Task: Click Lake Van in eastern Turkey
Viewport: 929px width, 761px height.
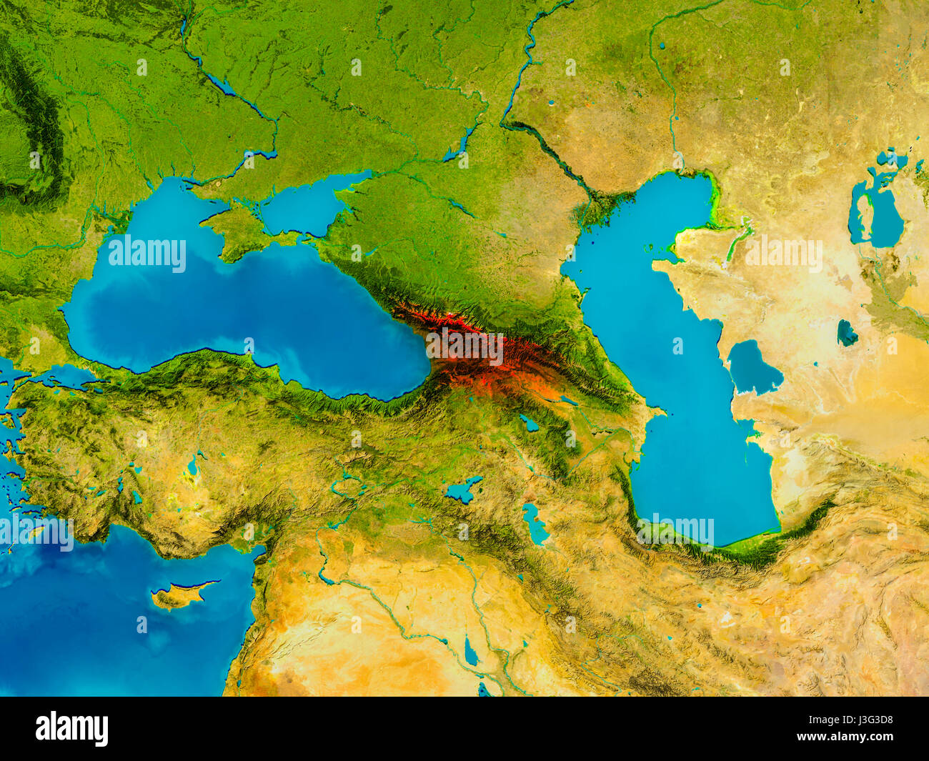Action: point(463,490)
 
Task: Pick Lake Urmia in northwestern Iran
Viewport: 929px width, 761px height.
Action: point(535,524)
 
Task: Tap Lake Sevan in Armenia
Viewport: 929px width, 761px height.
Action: point(529,423)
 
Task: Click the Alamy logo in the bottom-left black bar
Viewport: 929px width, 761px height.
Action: point(72,728)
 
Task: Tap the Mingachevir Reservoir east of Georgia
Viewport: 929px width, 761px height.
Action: point(568,401)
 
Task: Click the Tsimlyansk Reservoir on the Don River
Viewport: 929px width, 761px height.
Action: point(457,146)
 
